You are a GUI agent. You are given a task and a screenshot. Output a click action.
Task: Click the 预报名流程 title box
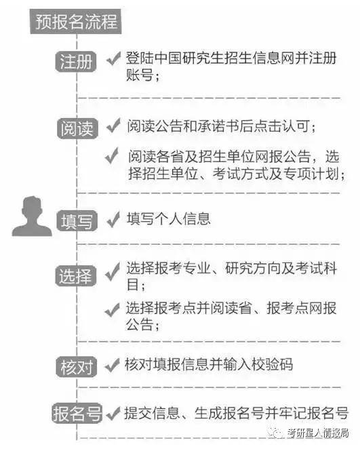pyautogui.click(x=76, y=22)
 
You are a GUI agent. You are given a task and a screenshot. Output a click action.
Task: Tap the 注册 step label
pyautogui.click(x=76, y=62)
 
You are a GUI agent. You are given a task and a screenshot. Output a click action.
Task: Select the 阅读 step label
pyautogui.click(x=77, y=129)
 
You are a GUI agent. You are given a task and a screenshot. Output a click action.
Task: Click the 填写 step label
pyautogui.click(x=77, y=221)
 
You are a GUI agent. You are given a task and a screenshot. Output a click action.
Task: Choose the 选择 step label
pyautogui.click(x=76, y=275)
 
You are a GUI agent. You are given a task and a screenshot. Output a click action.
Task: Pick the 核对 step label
pyautogui.click(x=77, y=367)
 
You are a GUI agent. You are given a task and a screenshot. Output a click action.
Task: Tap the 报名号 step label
pyautogui.click(x=77, y=413)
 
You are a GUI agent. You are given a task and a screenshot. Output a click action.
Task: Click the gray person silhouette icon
pyautogui.click(x=32, y=216)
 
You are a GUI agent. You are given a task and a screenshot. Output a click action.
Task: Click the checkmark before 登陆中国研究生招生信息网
pyautogui.click(x=113, y=58)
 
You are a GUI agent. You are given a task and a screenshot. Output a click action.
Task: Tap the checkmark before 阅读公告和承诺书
pyautogui.click(x=113, y=125)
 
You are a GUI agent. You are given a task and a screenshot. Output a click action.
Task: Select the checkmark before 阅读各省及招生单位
pyautogui.click(x=112, y=156)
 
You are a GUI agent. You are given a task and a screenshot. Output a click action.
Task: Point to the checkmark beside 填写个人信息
pyautogui.click(x=113, y=220)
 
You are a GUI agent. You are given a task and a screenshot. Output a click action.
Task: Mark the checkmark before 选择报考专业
pyautogui.click(x=113, y=271)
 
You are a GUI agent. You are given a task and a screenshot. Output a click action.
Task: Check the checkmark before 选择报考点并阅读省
pyautogui.click(x=112, y=310)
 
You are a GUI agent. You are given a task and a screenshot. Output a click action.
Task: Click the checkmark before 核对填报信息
pyautogui.click(x=112, y=366)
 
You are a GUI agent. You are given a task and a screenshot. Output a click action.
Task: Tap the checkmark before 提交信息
pyautogui.click(x=113, y=414)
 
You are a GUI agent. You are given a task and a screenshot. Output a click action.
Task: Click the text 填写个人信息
pyautogui.click(x=169, y=219)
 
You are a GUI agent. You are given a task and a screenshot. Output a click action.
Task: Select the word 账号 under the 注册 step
pyautogui.click(x=140, y=75)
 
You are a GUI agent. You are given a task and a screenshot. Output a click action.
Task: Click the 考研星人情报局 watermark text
pyautogui.click(x=318, y=433)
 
